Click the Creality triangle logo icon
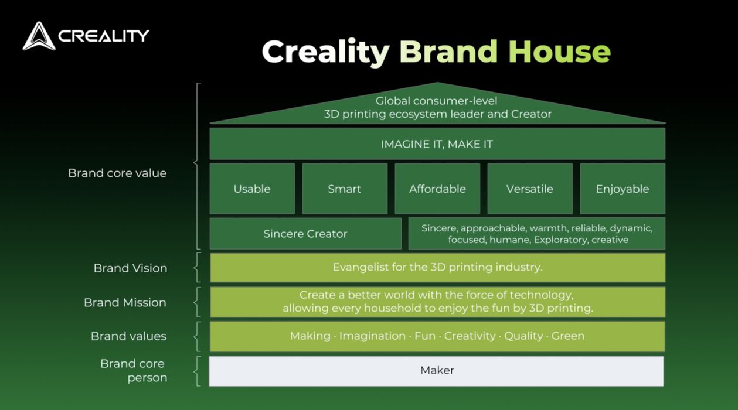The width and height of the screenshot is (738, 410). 39,36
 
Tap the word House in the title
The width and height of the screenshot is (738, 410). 559,52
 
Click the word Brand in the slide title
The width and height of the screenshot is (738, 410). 448,52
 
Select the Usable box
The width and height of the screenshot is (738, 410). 252,189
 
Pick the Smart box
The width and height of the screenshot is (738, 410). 345,189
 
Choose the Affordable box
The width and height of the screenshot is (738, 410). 437,189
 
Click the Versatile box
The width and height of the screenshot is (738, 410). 530,189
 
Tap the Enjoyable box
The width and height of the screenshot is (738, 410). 623,189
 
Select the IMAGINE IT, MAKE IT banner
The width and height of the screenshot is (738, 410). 437,144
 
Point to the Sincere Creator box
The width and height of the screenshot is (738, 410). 305,234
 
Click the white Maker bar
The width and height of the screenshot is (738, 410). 436,371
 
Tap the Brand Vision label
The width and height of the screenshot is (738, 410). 131,268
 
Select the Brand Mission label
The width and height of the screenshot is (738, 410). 125,302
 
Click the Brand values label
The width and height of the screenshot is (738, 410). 129,336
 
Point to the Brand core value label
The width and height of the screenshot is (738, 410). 117,173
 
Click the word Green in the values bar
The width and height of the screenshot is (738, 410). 568,336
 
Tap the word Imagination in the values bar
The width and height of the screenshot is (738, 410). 372,336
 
